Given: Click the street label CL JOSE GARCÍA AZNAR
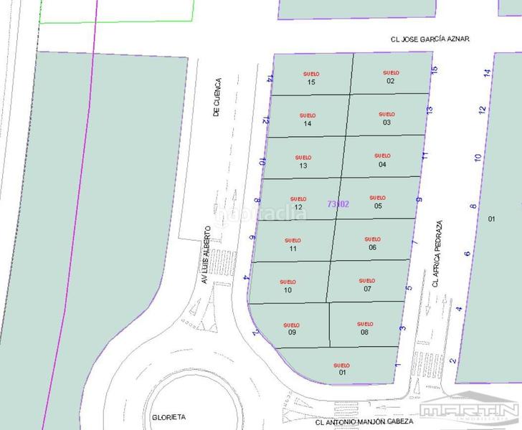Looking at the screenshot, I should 426,39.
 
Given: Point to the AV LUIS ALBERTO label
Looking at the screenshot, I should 206,256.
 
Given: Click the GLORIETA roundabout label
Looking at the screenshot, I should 169,416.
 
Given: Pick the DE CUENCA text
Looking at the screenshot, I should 218,97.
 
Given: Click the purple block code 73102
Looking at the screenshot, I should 338,204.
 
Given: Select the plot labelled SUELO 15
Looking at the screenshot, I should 310,78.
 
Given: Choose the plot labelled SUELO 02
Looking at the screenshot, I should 391,77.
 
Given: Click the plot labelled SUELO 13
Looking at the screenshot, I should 304,162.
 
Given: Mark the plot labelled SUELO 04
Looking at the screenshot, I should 382,160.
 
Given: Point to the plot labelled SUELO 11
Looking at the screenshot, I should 293,244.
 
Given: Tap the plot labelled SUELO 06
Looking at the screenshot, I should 372,243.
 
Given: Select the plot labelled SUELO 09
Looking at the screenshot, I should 292,328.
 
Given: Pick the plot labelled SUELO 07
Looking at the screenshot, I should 367,285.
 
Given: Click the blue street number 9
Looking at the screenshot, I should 419,200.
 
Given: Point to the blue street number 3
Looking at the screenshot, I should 403,328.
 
